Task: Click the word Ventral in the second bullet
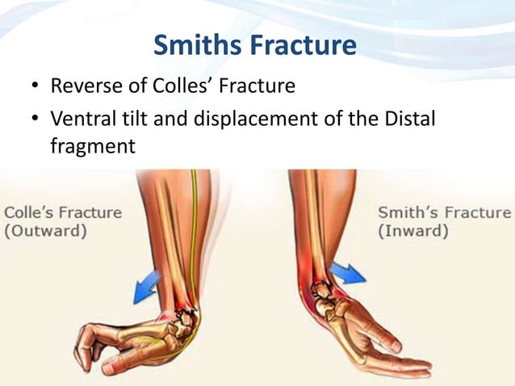[x=80, y=120]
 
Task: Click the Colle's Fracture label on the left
[x=63, y=213]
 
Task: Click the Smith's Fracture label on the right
[x=444, y=213]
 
